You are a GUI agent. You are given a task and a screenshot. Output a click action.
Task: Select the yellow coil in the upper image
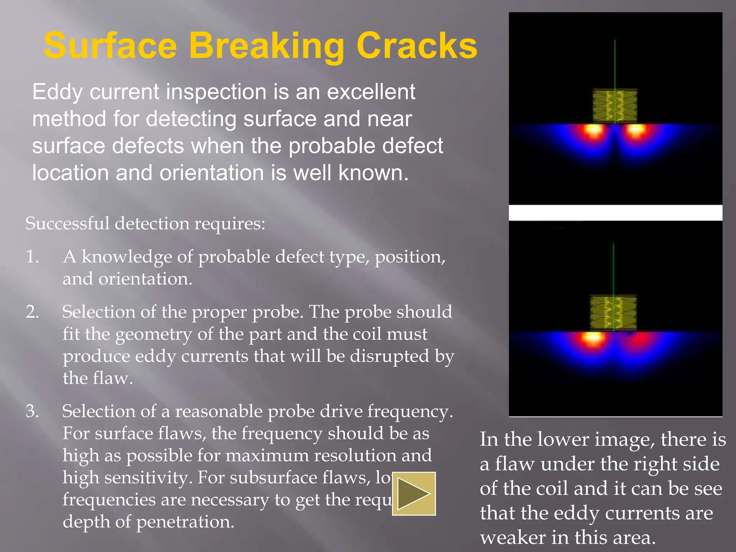(615, 106)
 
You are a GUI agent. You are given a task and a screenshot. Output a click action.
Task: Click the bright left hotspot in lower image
(592, 338)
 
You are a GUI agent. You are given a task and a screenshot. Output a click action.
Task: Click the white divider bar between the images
(615, 212)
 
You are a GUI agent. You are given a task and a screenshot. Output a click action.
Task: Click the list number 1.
(32, 257)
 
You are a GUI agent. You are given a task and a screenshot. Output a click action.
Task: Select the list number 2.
(32, 312)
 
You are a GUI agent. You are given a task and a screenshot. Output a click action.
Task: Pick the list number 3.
(32, 411)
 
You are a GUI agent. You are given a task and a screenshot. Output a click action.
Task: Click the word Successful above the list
(67, 224)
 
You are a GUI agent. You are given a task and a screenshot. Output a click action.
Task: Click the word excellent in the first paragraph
(371, 92)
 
